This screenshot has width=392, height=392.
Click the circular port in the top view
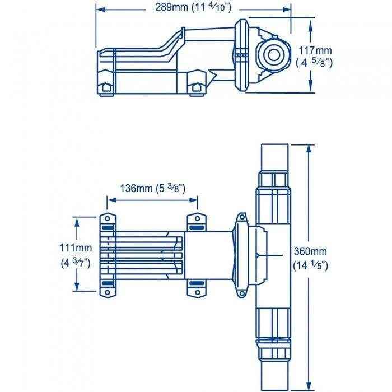pyautogui.click(x=274, y=55)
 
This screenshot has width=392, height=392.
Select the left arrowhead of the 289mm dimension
pyautogui.click(x=99, y=8)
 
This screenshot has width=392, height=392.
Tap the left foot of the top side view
pyautogui.click(x=105, y=88)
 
